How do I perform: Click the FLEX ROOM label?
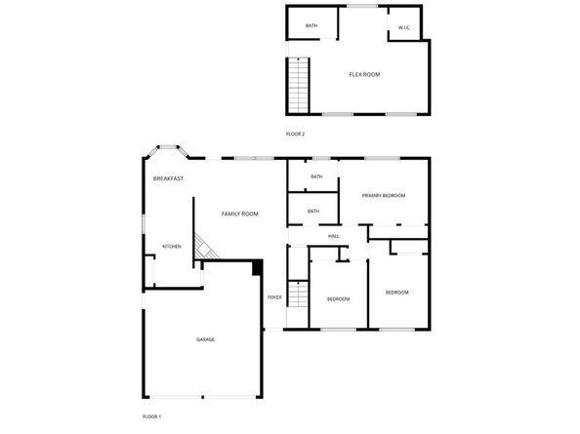(364, 75)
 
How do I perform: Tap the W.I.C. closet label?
(404, 27)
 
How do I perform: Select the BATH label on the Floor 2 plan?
(311, 26)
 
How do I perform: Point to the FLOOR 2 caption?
(295, 134)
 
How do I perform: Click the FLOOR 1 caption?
(151, 416)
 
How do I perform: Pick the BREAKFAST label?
(168, 178)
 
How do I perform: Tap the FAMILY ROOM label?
(239, 214)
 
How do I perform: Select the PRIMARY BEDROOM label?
(384, 196)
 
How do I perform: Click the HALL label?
(334, 236)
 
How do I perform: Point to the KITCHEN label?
(172, 247)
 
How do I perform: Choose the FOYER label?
(274, 297)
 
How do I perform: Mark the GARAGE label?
(205, 339)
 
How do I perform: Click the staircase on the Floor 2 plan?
(298, 85)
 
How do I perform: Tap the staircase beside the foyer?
(298, 294)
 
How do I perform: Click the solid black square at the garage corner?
(258, 268)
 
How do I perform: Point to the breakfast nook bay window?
(168, 149)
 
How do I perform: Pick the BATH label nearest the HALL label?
(313, 212)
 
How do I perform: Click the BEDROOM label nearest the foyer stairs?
(339, 299)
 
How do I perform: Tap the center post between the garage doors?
(203, 397)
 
